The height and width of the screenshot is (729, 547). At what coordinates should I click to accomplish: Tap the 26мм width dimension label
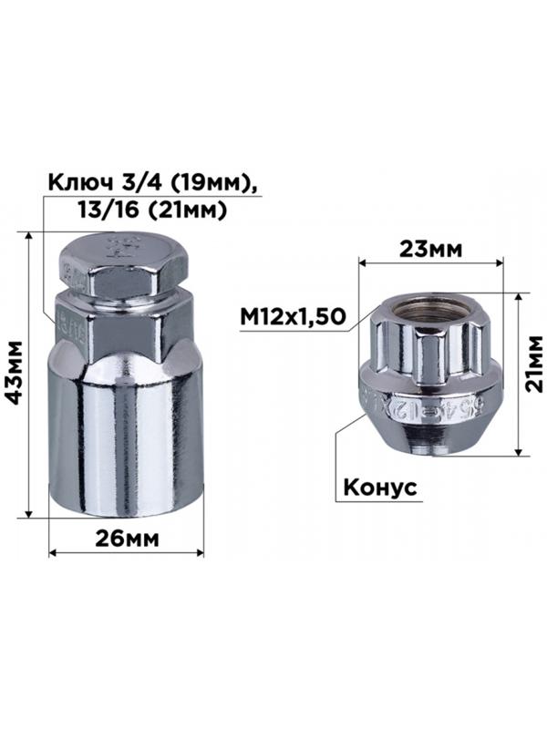[128, 538]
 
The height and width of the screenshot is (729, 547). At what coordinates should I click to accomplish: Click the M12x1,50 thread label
[292, 316]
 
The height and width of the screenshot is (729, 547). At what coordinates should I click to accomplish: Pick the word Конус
[379, 488]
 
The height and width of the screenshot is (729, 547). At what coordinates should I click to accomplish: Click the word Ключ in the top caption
[78, 183]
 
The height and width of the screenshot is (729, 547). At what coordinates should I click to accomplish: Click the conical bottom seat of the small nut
[429, 437]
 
